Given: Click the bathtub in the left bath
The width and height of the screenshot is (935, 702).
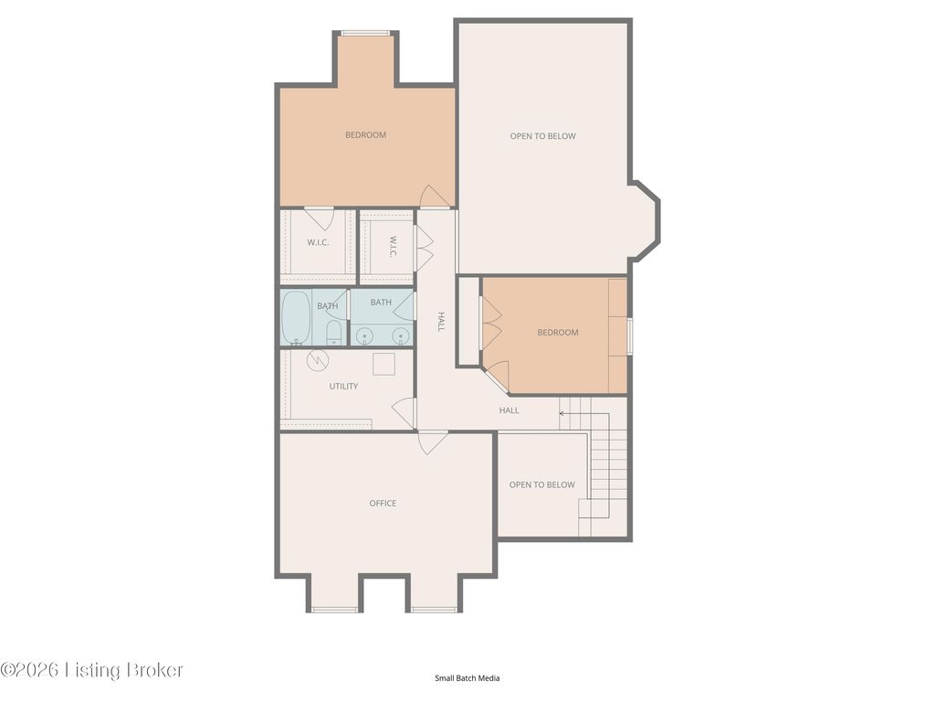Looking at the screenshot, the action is (x=296, y=317).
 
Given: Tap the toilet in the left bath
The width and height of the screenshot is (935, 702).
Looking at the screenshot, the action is (x=334, y=333).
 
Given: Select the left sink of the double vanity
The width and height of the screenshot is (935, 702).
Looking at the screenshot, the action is (x=363, y=337).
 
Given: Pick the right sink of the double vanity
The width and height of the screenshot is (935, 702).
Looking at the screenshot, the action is (x=402, y=337).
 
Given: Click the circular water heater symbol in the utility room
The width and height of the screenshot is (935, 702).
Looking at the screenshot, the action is (x=318, y=360).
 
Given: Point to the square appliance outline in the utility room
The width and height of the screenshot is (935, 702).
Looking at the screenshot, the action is (x=384, y=364).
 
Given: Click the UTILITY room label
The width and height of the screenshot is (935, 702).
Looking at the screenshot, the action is (x=343, y=387).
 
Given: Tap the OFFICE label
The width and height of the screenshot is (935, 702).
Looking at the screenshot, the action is (x=383, y=504).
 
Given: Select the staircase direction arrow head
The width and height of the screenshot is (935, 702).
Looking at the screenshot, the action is (x=562, y=412).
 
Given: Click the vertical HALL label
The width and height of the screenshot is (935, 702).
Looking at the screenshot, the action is (x=441, y=321).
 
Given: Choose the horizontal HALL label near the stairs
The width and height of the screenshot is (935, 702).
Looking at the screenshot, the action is (x=509, y=410).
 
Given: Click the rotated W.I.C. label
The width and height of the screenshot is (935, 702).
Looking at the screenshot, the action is (x=393, y=247).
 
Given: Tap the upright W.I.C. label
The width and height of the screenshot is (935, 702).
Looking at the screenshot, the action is (x=318, y=242).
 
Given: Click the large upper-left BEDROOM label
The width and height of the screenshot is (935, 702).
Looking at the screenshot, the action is (x=365, y=135).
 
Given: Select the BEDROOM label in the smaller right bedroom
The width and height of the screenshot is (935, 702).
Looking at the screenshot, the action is (x=558, y=333).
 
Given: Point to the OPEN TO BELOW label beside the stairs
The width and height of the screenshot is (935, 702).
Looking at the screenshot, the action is (x=542, y=484).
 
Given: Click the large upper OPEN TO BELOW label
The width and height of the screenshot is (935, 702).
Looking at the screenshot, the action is (x=542, y=136).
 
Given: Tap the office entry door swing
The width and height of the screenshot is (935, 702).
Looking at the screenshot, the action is (x=432, y=442).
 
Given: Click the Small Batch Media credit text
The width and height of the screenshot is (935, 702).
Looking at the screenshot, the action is (x=467, y=677).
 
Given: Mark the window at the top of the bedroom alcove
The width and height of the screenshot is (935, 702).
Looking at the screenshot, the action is (x=365, y=34).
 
